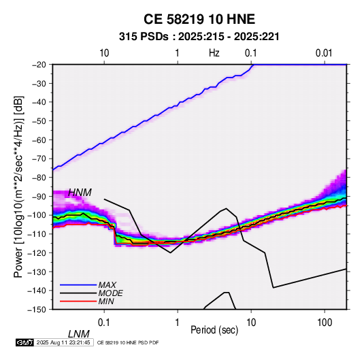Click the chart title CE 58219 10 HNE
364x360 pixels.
(x=199, y=19)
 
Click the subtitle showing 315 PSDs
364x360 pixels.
(x=199, y=37)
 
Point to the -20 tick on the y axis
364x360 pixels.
(x=39, y=65)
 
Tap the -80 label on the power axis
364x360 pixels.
(x=39, y=178)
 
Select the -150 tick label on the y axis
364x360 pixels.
(x=37, y=310)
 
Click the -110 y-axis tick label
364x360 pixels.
(x=37, y=234)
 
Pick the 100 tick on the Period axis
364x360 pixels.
(x=325, y=323)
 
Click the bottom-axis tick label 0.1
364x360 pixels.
(x=104, y=323)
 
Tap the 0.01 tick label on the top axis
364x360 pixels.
(x=324, y=53)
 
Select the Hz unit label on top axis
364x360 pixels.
(x=214, y=53)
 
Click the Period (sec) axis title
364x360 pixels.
(x=214, y=330)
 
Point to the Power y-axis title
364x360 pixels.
(x=18, y=186)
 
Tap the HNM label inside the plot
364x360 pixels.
(x=80, y=193)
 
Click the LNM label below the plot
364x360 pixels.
(x=79, y=334)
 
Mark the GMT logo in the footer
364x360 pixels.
(x=25, y=342)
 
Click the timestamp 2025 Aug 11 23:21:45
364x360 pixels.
(x=63, y=342)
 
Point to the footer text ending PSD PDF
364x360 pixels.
(x=128, y=342)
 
